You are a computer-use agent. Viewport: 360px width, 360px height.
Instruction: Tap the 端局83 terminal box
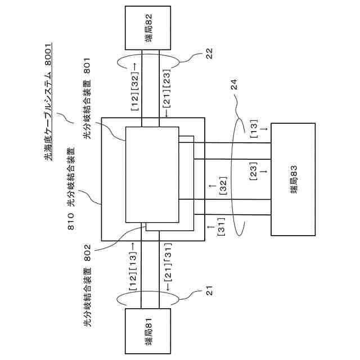(294, 179)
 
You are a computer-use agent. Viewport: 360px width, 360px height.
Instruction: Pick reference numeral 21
(208, 291)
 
